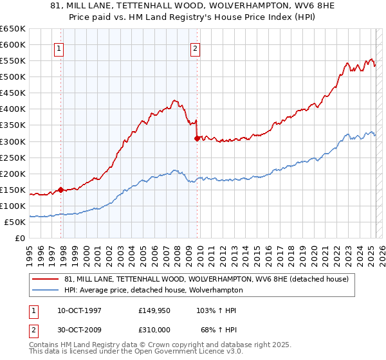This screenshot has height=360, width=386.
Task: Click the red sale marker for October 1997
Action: click(60, 190)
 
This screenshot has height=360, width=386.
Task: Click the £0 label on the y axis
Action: click(21, 239)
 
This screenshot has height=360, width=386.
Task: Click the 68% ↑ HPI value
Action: click(219, 329)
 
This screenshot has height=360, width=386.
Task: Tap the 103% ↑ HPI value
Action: click(217, 310)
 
